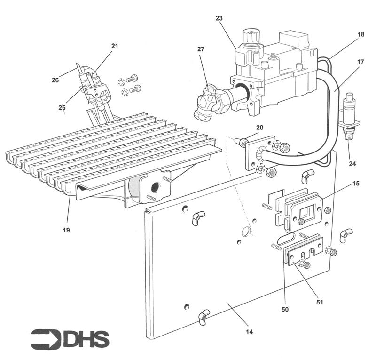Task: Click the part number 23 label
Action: (219, 18)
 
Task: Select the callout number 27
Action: (201, 48)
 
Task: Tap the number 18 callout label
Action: (360, 35)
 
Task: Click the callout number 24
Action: (352, 164)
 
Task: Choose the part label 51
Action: (320, 302)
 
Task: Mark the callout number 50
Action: (285, 309)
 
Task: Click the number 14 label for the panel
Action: (250, 332)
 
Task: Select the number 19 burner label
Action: (67, 231)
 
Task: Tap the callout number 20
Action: (259, 128)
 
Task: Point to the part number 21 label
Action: (115, 46)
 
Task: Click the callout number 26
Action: (55, 80)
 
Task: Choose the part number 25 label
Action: (62, 107)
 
